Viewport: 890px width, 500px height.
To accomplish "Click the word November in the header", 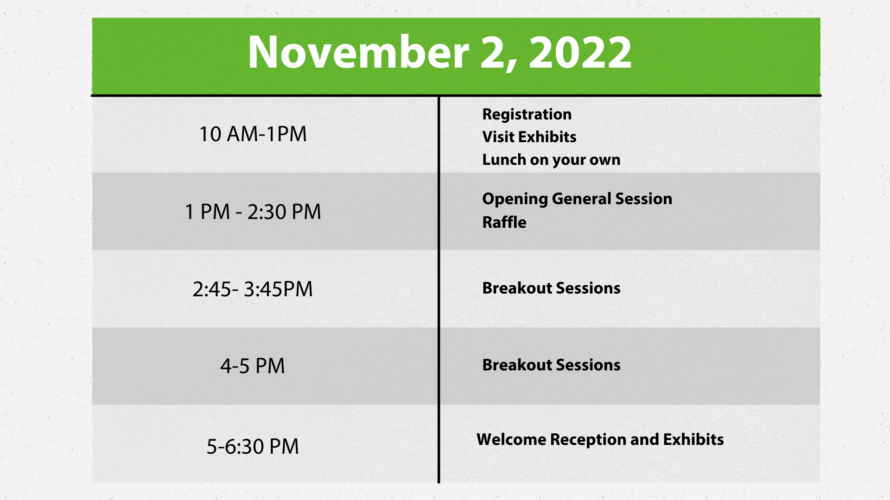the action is (358, 52).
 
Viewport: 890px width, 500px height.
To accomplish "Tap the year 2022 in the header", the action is (580, 52).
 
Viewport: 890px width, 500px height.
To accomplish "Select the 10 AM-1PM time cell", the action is (253, 134).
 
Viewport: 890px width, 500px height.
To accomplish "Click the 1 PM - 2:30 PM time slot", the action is (253, 212).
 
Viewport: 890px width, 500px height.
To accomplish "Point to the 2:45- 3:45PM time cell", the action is (253, 289).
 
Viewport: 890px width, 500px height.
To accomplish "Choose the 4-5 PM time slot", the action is (253, 366).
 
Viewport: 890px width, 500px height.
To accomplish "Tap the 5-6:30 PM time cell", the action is (253, 447).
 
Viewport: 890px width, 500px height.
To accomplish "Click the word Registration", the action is (527, 115).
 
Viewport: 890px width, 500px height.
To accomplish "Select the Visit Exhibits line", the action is (529, 137).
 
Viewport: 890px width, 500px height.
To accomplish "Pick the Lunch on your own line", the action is (552, 160).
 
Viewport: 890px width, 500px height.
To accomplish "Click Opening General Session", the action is (577, 199).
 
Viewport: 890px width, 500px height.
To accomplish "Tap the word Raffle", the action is (504, 222).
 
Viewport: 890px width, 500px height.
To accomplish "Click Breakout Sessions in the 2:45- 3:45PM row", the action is (552, 288).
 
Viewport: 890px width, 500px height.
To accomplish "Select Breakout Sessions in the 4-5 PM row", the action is (552, 365).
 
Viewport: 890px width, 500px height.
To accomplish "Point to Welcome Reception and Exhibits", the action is (600, 440).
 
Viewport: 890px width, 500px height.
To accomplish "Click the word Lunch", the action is (504, 160).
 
